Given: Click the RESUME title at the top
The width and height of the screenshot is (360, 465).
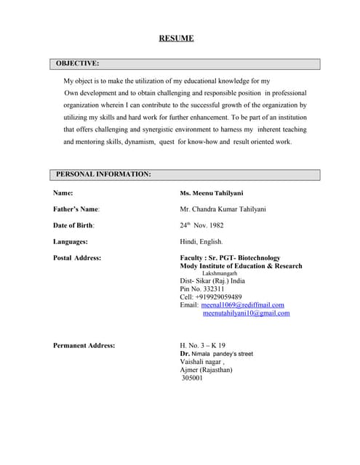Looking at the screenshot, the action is point(176,39).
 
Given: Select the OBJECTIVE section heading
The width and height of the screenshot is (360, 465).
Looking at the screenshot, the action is point(78,64).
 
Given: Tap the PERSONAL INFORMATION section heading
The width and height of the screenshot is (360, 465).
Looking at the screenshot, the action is point(103,174).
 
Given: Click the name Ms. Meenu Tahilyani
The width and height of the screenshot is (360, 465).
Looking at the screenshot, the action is point(212,193).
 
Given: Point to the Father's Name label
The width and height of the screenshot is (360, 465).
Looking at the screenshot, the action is point(76,209).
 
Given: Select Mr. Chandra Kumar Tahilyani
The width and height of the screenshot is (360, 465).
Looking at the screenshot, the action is point(223,209).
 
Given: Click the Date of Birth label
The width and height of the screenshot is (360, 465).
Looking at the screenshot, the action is point(74,225).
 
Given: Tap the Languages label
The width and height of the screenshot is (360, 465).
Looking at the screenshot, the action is point(71,241).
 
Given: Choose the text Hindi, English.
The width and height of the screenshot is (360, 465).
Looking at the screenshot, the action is point(201,241).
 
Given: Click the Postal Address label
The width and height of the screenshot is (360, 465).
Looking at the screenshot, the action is point(77,258).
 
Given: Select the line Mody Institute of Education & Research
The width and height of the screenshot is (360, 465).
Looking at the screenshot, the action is point(241,266).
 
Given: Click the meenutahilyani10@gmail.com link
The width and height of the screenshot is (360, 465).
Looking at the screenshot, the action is point(246,313).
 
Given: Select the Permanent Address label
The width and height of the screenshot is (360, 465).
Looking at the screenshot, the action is point(84,345).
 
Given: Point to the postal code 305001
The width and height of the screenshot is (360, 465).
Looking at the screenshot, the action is point(192,378).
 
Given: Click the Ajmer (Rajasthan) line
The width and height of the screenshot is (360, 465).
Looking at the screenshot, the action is point(206,369).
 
